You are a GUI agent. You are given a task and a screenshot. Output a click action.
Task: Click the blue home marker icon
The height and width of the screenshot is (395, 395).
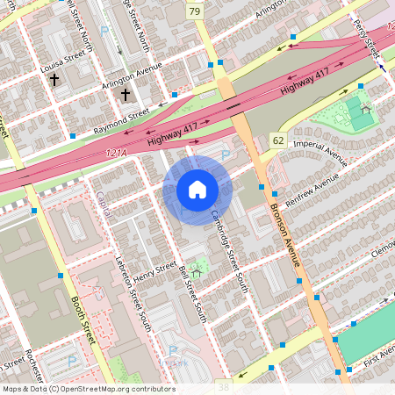(197, 190)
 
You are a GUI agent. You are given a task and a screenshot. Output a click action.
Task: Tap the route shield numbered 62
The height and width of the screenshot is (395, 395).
(277, 140)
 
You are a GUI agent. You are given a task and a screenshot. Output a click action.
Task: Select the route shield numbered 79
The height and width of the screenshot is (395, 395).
(194, 11)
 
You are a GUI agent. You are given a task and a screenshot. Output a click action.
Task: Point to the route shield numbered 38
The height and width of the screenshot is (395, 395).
(223, 386)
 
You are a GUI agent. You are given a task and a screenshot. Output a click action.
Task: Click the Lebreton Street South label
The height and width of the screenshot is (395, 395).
(133, 293)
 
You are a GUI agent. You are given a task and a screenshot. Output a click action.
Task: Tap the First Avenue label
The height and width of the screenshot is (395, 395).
(379, 355)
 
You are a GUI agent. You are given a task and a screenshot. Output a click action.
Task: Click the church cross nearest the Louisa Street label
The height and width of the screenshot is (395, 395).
(54, 80)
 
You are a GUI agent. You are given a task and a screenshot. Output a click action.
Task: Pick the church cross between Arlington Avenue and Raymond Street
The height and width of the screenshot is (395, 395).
(125, 94)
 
